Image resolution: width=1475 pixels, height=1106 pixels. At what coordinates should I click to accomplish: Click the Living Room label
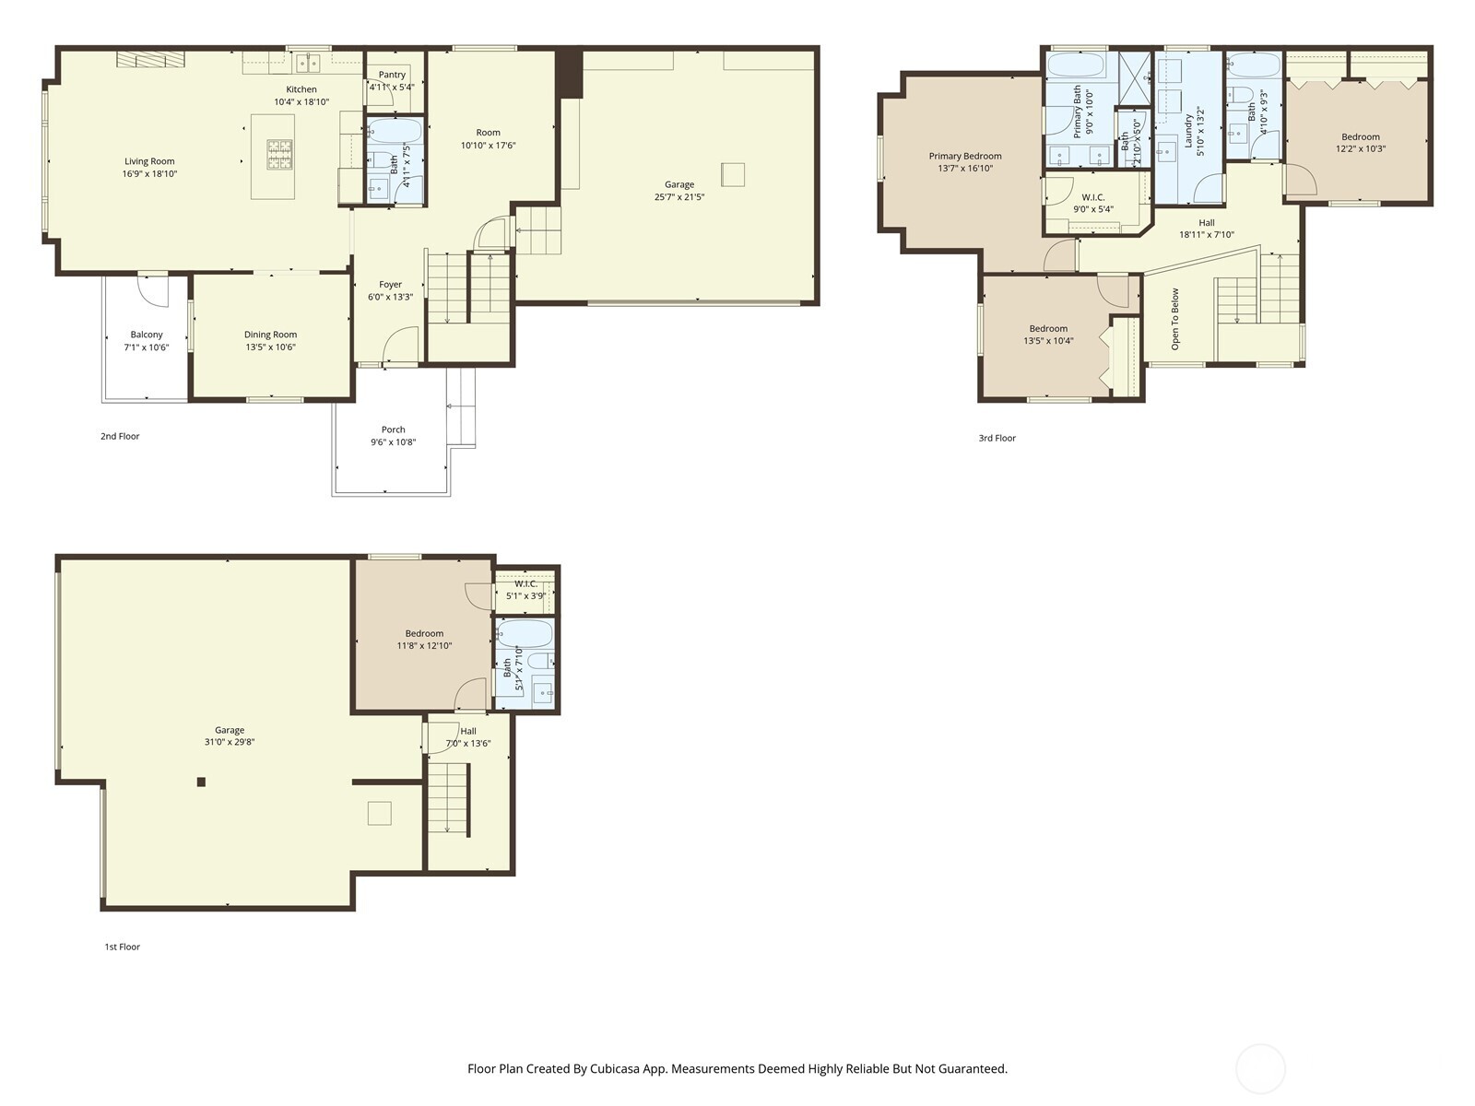click(x=149, y=161)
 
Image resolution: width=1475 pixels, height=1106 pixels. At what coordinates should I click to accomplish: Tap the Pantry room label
click(x=392, y=75)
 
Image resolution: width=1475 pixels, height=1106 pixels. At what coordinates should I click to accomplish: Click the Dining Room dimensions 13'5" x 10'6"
click(x=270, y=347)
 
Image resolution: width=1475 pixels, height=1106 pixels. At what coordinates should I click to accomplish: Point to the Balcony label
click(x=147, y=335)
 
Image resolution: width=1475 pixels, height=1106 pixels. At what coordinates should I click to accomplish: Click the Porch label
click(x=394, y=429)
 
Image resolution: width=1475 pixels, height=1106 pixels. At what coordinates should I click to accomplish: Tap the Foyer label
click(x=390, y=285)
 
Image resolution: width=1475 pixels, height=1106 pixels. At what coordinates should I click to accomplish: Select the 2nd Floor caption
click(x=120, y=436)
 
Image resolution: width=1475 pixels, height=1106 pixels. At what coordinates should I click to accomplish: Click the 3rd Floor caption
click(x=997, y=438)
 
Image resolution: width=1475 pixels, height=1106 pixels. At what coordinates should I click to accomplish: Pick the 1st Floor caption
click(x=122, y=947)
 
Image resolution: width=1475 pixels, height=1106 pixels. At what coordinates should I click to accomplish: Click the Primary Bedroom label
click(x=964, y=156)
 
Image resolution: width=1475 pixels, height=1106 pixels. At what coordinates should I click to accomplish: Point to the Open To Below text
click(x=1175, y=319)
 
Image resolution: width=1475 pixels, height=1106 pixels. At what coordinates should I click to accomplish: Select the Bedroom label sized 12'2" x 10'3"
click(x=1361, y=136)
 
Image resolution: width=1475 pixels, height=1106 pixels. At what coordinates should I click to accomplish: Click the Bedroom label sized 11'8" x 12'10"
click(x=424, y=633)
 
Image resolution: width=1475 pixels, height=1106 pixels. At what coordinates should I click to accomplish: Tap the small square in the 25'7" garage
click(x=733, y=174)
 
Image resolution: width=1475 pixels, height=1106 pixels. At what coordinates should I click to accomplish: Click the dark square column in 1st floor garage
click(x=201, y=782)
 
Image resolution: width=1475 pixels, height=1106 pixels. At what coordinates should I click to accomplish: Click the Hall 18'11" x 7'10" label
click(x=1206, y=222)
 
